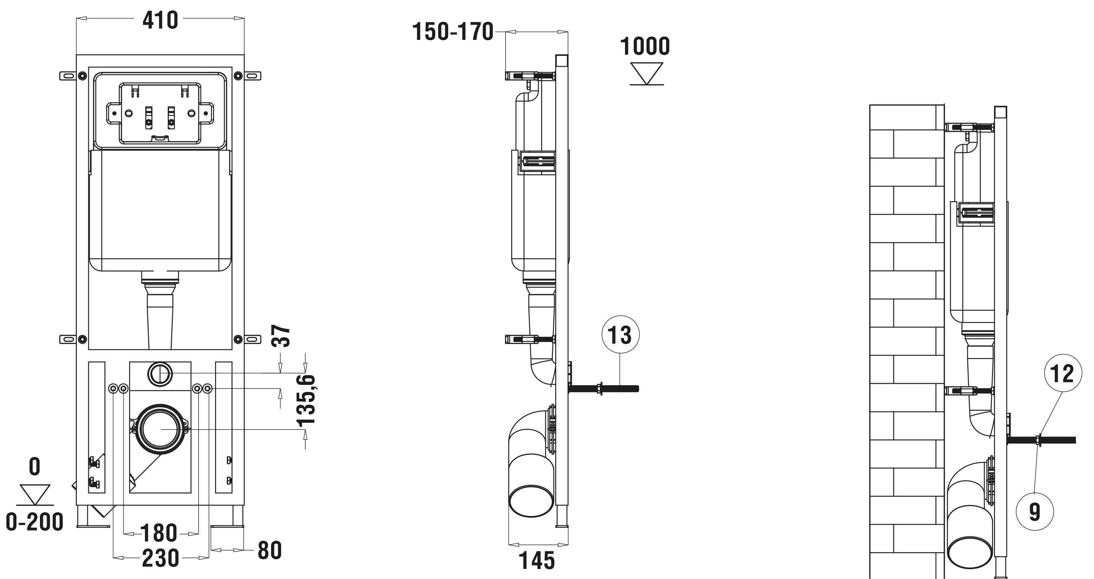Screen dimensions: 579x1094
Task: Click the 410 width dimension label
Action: [160, 20]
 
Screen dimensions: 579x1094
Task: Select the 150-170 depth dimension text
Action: [453, 32]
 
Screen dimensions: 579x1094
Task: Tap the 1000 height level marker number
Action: [645, 46]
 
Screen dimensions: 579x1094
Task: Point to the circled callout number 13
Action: [620, 335]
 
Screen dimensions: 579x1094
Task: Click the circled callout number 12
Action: [1062, 373]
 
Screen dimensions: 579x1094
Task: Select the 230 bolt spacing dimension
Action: [160, 559]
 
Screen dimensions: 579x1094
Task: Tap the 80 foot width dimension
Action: [270, 551]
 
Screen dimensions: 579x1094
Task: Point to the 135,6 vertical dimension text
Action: [307, 400]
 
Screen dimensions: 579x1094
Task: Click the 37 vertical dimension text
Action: [281, 336]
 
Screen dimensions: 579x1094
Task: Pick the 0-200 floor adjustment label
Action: [35, 522]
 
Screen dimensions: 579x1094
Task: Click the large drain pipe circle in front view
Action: [161, 429]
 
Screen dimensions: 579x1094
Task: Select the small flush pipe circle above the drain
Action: [160, 374]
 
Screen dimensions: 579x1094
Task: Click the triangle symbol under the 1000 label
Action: [646, 73]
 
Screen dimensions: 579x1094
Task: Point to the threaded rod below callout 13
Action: [607, 389]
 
